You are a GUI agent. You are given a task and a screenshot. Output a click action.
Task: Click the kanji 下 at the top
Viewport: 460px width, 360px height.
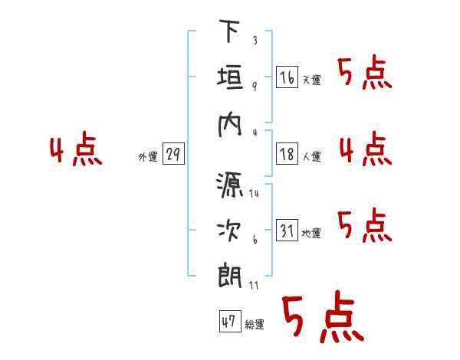coord(229,31)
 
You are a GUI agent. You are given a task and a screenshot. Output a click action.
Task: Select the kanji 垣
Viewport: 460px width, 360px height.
coord(230,77)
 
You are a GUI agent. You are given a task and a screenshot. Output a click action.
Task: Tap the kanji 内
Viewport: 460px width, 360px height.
coord(230,125)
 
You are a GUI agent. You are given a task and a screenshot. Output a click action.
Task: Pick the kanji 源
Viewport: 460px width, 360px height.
coord(230,185)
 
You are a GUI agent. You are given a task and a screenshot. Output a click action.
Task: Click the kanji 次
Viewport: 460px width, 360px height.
coord(229,231)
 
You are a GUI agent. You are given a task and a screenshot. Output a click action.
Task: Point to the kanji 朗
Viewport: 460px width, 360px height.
coord(230,277)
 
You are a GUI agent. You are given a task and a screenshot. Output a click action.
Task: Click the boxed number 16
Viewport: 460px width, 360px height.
coord(287,77)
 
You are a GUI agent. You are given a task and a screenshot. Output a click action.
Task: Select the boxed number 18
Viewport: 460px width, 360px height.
coord(287,154)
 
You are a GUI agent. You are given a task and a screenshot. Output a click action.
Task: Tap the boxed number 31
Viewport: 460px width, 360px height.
coord(287,230)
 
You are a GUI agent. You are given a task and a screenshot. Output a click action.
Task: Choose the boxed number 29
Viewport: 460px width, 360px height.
coord(173,154)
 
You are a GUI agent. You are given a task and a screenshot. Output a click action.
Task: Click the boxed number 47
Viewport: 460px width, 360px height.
coord(230,321)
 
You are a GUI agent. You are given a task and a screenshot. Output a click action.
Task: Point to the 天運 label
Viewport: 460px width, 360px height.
coord(311,80)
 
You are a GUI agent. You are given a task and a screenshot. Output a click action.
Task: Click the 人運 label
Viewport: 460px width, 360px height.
coord(311,156)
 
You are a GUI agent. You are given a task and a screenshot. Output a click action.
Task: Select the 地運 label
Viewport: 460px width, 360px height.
coord(311,234)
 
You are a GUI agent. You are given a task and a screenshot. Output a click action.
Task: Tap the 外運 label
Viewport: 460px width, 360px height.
coord(148,157)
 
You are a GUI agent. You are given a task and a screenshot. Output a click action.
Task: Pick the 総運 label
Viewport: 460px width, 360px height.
coord(255,325)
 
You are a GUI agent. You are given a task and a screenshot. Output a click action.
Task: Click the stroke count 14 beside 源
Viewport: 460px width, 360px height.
coord(254,193)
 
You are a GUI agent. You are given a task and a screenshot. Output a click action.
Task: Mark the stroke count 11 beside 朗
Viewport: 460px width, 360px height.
coord(254,285)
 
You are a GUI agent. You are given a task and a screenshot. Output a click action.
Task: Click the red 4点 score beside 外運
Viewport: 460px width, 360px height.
coord(76,149)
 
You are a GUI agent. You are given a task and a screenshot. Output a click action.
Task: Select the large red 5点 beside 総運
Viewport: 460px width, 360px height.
coord(323,316)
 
